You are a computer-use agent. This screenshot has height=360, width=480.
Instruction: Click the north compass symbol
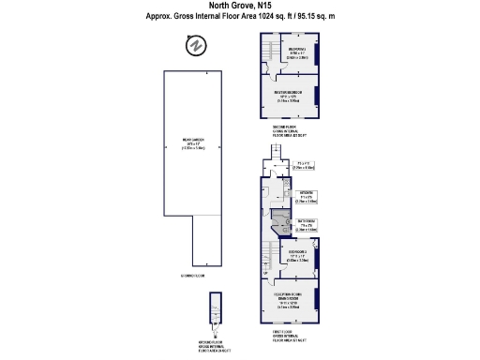pos(197,45)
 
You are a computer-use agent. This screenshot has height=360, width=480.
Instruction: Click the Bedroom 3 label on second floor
pos(297,52)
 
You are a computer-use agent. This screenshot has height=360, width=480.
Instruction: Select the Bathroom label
pos(307,225)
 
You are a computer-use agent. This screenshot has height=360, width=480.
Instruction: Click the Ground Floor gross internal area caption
pos(217,346)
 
